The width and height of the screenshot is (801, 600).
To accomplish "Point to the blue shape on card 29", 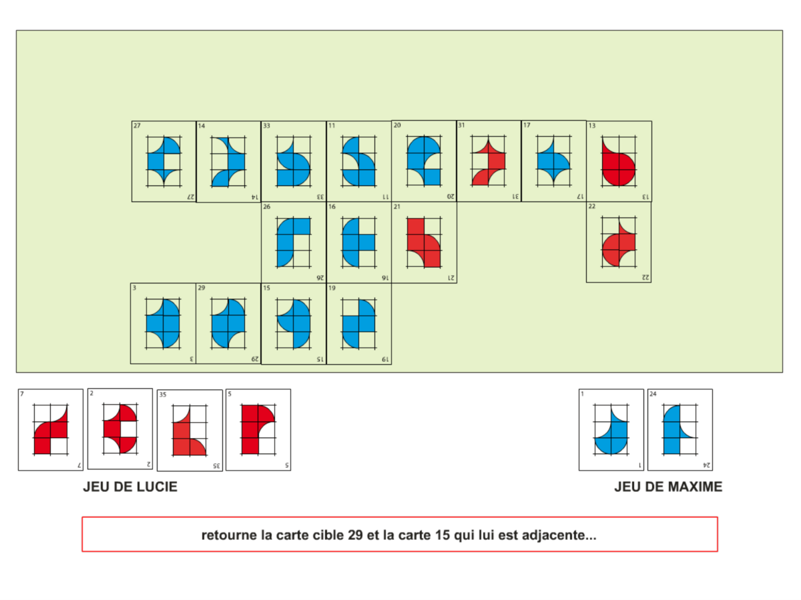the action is click(228, 323).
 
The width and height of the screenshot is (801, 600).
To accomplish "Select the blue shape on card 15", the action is click(298, 323).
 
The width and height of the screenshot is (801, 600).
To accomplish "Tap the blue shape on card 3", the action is click(163, 323).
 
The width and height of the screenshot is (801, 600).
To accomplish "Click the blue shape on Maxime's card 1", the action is click(611, 441).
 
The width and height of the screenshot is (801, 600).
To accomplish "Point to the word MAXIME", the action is click(690, 487).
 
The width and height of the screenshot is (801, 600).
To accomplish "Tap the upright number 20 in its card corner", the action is click(397, 125).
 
